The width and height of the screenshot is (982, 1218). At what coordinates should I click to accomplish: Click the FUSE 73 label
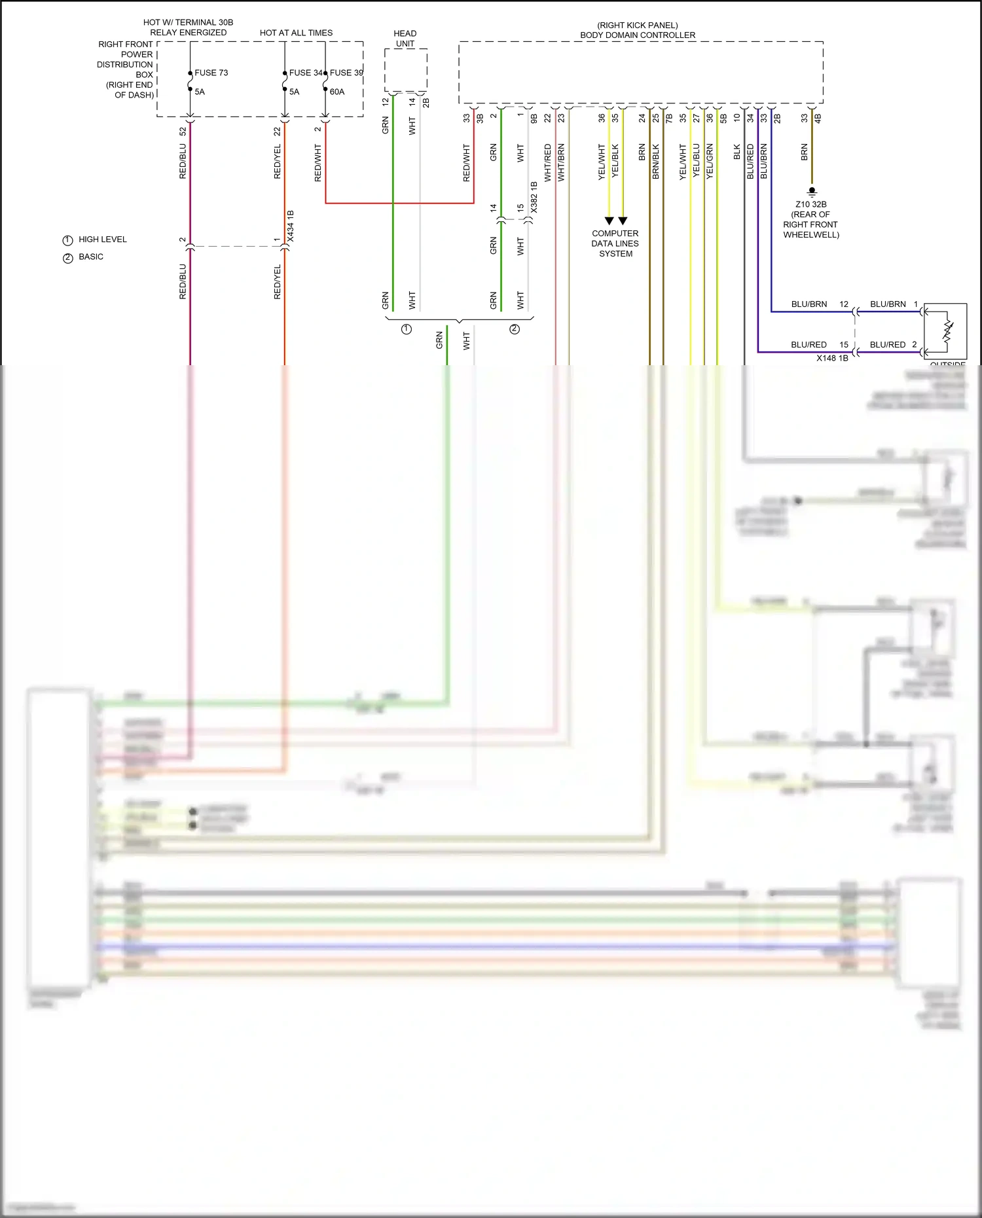[211, 73]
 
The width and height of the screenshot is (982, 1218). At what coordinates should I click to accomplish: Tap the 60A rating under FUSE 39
[336, 92]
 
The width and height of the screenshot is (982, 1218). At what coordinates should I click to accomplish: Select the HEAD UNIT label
[405, 39]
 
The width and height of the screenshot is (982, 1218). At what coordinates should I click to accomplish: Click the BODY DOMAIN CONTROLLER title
[637, 35]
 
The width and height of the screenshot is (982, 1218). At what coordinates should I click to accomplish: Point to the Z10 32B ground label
[810, 204]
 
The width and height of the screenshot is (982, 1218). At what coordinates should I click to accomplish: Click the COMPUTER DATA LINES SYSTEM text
[615, 243]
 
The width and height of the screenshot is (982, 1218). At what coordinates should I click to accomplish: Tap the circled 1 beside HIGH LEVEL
[67, 240]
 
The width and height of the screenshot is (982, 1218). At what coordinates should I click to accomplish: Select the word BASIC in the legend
[91, 257]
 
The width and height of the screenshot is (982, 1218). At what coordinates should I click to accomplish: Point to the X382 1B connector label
[534, 197]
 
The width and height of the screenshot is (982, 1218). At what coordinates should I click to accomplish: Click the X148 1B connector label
[831, 358]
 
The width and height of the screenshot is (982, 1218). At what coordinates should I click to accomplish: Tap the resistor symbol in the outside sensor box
[947, 329]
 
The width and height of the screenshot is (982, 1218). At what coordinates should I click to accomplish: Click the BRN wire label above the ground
[804, 152]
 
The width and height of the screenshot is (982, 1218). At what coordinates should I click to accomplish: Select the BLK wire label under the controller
[736, 152]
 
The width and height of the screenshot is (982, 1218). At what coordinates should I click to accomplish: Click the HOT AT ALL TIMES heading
[296, 33]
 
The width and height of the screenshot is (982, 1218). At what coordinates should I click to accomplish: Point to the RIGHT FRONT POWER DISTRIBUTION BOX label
[126, 69]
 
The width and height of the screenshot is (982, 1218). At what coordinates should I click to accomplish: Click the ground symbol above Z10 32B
[812, 192]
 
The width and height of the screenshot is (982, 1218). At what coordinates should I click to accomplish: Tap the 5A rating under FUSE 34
[294, 92]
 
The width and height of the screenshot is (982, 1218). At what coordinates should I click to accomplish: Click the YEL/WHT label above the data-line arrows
[601, 162]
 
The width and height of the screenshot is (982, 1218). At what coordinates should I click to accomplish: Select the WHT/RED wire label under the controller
[547, 162]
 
